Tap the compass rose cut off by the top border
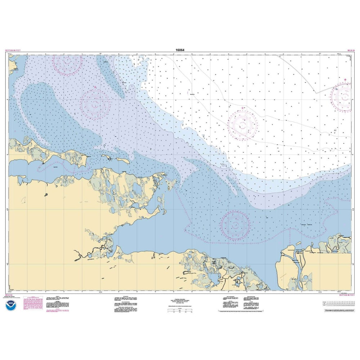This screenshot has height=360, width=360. (67, 62)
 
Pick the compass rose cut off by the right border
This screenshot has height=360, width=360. (345, 96)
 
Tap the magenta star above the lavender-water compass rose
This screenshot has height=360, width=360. (95, 87)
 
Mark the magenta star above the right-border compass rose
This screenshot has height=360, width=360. (345, 80)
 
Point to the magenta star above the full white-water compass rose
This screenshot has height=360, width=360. (243, 108)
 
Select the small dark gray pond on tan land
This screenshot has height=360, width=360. (46, 195)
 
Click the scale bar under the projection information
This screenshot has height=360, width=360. (180, 312)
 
